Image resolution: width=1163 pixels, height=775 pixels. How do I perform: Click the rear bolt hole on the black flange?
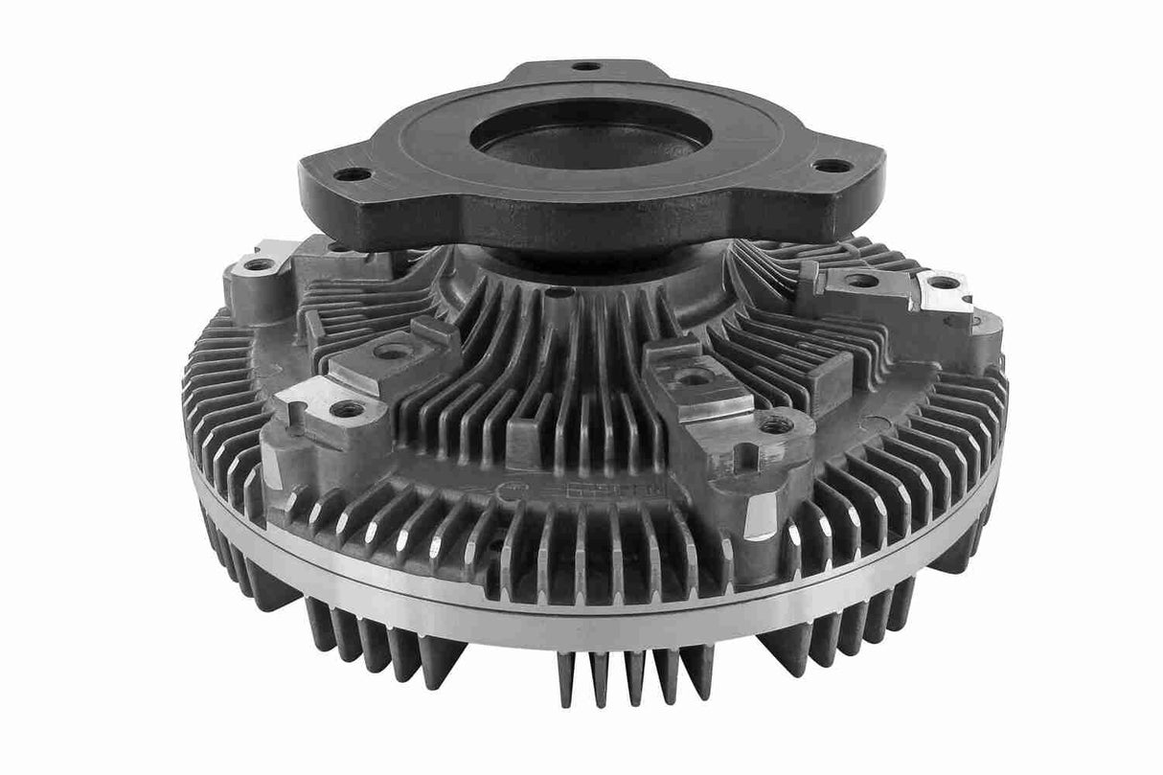pyautogui.click(x=586, y=67)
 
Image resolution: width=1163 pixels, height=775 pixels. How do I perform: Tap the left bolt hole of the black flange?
pyautogui.click(x=353, y=174)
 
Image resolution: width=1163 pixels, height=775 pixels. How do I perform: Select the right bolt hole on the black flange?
pyautogui.click(x=832, y=166)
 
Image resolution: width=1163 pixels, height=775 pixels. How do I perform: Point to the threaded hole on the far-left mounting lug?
pyautogui.click(x=259, y=263)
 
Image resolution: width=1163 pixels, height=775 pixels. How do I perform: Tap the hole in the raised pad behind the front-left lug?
pyautogui.click(x=391, y=351)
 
